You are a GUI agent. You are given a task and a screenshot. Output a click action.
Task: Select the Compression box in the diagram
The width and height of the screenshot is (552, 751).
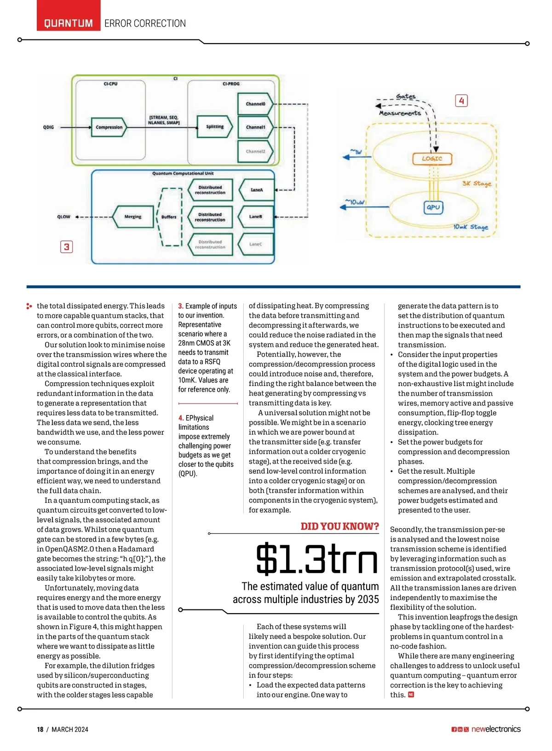109,127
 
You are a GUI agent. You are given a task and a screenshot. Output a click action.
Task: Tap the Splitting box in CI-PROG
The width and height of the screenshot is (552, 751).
214,127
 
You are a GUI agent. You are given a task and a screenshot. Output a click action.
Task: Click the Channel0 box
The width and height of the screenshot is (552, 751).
255,104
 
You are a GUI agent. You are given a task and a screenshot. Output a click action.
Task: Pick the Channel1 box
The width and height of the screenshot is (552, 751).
255,127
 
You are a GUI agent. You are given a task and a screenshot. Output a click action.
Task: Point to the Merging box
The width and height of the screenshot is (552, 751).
133,216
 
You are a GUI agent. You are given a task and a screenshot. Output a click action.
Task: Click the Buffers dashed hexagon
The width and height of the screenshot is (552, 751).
169,217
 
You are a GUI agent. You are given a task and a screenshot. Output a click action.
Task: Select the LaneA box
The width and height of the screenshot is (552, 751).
256,190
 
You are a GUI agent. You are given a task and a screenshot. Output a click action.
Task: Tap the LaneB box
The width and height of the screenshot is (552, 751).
255,216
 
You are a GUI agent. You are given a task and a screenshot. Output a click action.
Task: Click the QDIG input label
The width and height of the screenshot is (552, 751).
48,127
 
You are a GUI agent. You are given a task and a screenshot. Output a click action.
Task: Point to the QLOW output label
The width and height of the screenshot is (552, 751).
63,217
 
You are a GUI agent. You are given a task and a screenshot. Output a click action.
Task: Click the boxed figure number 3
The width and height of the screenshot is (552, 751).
67,247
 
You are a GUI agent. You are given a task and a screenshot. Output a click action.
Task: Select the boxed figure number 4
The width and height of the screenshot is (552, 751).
461,101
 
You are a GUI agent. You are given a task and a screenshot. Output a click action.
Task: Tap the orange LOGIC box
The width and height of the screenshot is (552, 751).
432,159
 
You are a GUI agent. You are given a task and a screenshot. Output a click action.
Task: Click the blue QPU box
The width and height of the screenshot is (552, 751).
433,207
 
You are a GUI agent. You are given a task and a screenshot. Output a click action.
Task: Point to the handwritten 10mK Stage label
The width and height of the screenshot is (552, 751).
471,227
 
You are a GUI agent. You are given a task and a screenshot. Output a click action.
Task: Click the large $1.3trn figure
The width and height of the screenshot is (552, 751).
317,559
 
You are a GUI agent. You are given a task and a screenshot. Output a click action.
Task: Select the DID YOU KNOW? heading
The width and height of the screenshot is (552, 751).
339,526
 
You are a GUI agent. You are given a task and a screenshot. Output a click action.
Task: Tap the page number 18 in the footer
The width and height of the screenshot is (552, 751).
40,729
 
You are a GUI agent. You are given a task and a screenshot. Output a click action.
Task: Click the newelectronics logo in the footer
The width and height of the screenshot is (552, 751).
496,729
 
